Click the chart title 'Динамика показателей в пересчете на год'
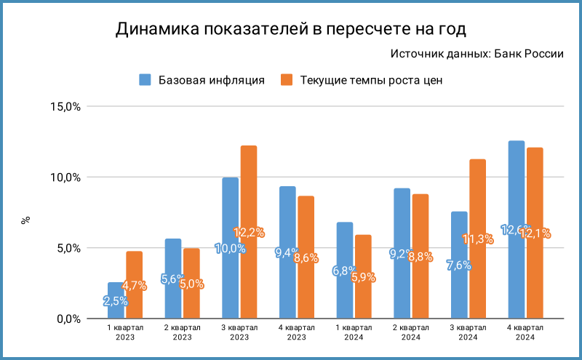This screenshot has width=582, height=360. click(290, 29)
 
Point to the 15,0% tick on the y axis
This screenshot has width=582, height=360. click(65, 107)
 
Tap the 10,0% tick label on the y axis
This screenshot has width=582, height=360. click(65, 177)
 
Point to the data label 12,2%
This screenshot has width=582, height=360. click(249, 233)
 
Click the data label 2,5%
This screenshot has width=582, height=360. click(116, 300)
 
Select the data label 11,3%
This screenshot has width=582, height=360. click(477, 239)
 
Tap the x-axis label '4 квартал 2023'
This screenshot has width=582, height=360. click(297, 332)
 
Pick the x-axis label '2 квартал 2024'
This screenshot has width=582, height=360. click(411, 332)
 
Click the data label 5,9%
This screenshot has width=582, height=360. click(363, 276)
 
